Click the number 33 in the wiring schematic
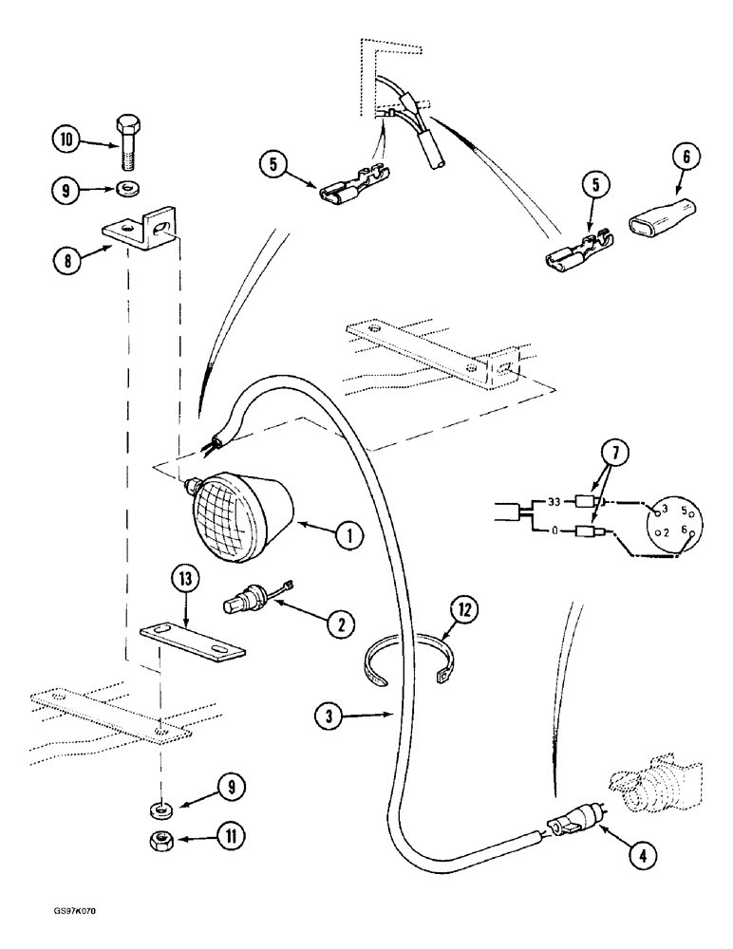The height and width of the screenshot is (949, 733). (x=552, y=503)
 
